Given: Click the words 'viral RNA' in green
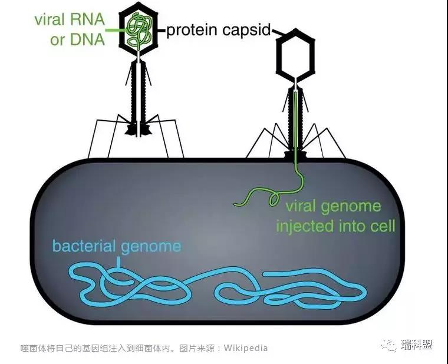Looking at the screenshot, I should (x=69, y=19).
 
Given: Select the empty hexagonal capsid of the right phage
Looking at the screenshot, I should (x=295, y=55).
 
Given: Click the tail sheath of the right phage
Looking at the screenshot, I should (x=294, y=118).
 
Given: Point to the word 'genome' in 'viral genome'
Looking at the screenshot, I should (x=353, y=207).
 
